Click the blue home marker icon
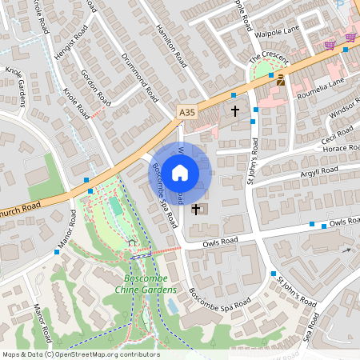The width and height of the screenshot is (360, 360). point(180,173)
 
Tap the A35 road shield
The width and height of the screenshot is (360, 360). point(186,113)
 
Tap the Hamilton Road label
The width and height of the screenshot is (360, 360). point(172,45)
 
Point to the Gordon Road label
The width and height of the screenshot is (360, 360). point(96,87)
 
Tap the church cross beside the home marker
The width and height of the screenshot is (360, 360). point(196,209)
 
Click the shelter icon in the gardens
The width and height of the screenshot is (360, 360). point(132,242)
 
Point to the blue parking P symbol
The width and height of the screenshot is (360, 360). point(339,4)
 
